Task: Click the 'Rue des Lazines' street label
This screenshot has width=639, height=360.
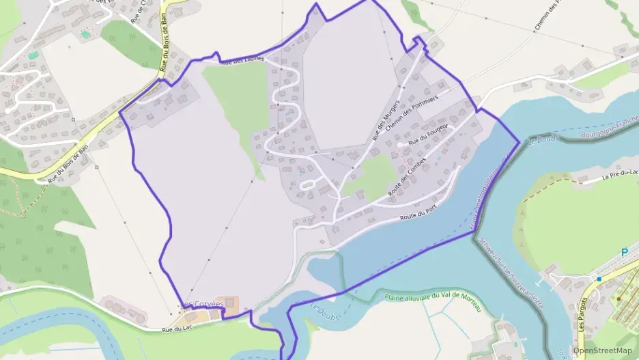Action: click(x=242, y=61)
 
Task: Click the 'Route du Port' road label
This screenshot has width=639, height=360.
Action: click(x=418, y=214)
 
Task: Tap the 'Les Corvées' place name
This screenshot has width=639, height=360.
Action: click(x=203, y=304)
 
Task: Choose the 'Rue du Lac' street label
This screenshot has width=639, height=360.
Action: click(x=175, y=329)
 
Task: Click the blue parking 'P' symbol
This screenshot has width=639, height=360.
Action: click(x=624, y=253)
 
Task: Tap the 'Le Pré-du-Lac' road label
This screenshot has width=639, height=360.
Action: click(x=619, y=176)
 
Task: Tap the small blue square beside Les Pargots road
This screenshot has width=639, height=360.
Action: click(x=599, y=279)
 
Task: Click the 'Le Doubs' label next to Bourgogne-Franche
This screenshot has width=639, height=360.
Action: click(x=544, y=140)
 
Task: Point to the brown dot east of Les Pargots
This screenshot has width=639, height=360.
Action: click(x=619, y=299)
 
